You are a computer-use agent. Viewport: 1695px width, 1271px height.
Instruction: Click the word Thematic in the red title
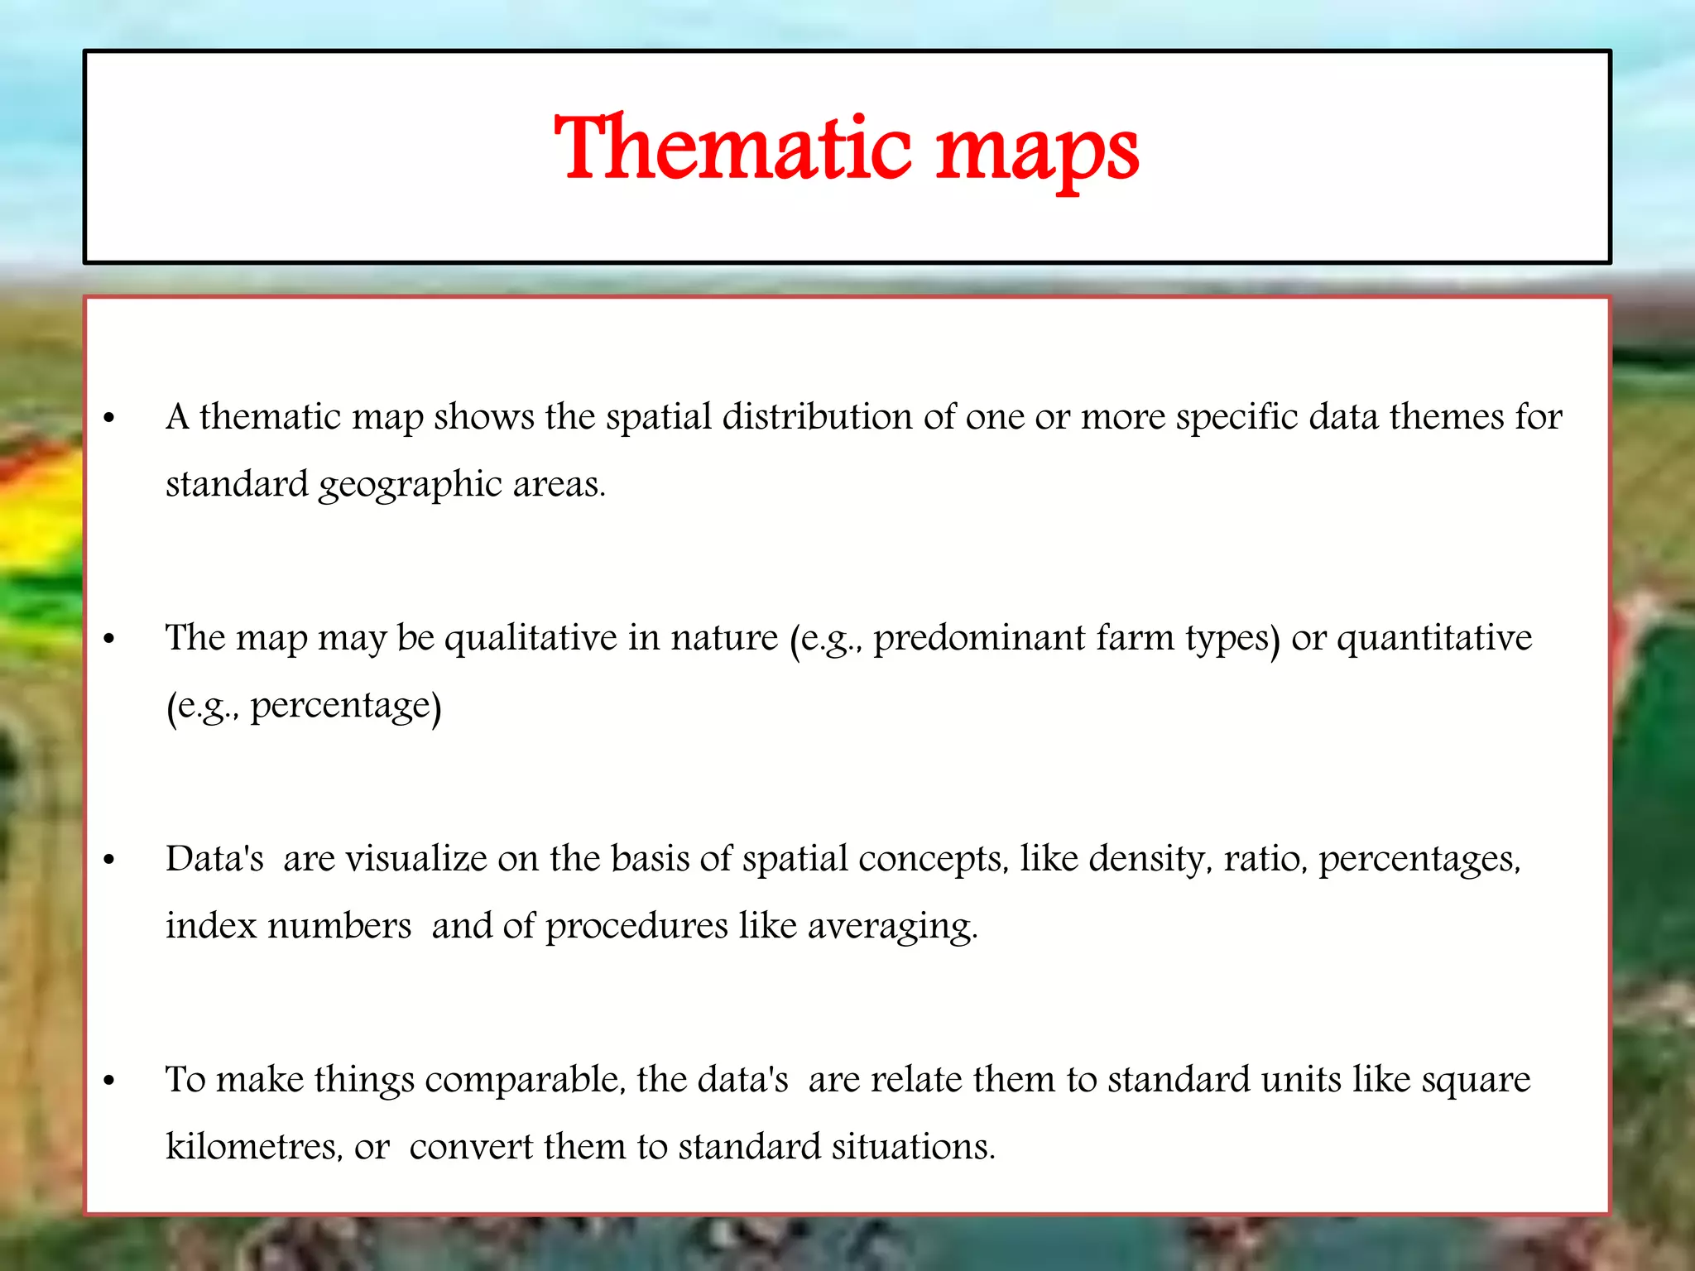tap(733, 149)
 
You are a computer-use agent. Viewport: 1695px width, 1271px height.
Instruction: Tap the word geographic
tap(410, 485)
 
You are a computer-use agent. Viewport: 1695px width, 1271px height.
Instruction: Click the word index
tap(210, 925)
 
